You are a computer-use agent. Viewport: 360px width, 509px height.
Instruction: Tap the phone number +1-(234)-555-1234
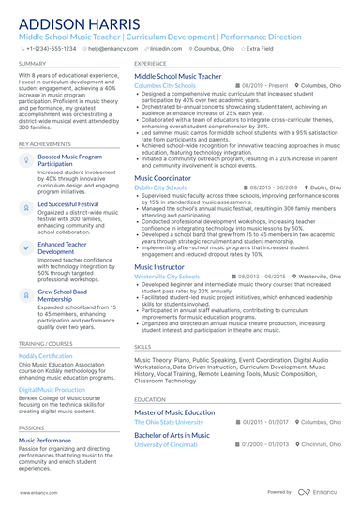52,48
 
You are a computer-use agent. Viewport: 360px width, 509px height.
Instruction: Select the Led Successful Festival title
68,202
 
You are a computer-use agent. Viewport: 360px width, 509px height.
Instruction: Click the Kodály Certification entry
45,355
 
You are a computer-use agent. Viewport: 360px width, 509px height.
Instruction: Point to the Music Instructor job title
159,240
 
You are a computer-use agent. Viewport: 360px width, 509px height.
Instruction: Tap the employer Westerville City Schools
167,250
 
